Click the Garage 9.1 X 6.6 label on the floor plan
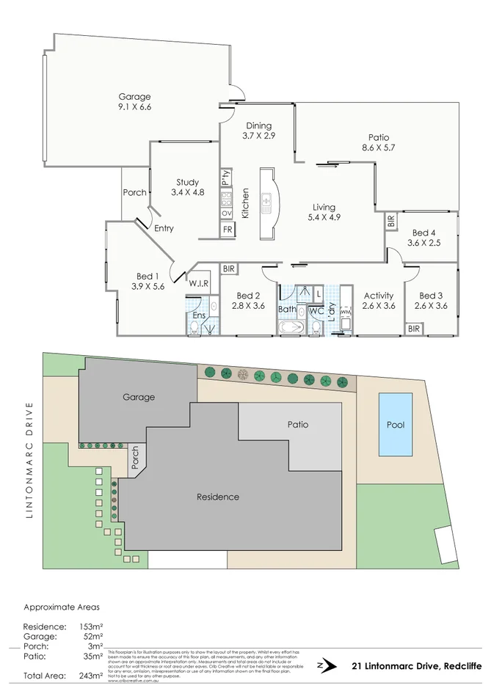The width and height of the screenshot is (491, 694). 134,102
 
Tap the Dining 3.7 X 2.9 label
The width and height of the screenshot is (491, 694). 259,131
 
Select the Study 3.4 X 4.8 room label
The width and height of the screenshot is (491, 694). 187,188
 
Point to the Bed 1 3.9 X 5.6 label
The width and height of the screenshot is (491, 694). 148,281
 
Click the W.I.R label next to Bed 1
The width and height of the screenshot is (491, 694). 199,283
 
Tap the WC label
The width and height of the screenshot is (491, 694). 316,311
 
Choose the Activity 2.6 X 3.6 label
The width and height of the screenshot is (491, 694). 379,301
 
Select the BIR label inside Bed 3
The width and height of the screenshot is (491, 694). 415,329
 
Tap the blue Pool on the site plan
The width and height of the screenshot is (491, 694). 396,425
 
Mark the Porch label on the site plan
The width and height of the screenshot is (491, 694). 134,458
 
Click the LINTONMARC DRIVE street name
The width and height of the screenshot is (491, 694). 30,461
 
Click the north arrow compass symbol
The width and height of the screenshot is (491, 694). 321,666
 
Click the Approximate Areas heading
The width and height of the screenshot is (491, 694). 61,607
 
